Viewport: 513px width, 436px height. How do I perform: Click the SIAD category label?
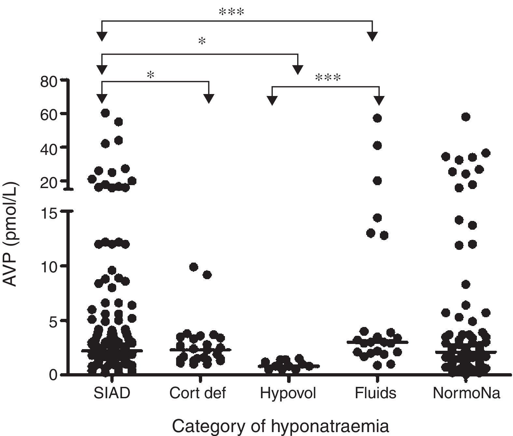pos(112,393)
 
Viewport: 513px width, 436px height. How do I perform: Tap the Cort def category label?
pos(198,393)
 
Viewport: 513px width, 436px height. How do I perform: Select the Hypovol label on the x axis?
pos(288,393)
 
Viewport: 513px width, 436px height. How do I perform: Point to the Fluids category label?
pos(375,393)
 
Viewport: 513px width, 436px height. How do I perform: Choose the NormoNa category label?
pos(466,393)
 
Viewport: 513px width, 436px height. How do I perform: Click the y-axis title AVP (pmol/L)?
pos(11,235)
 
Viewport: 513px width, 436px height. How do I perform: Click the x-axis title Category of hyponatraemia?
pos(280,426)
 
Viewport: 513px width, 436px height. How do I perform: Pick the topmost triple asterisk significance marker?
pos(231,13)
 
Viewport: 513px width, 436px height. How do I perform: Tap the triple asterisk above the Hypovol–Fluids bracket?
pos(328,78)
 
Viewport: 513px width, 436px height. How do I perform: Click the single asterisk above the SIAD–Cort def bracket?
pos(150,75)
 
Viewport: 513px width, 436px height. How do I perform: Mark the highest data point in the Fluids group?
pos(377,118)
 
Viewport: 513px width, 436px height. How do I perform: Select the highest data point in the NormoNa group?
pos(466,117)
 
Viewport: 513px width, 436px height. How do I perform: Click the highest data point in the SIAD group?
pos(105,113)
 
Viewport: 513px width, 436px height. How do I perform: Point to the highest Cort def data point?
pos(194,267)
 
